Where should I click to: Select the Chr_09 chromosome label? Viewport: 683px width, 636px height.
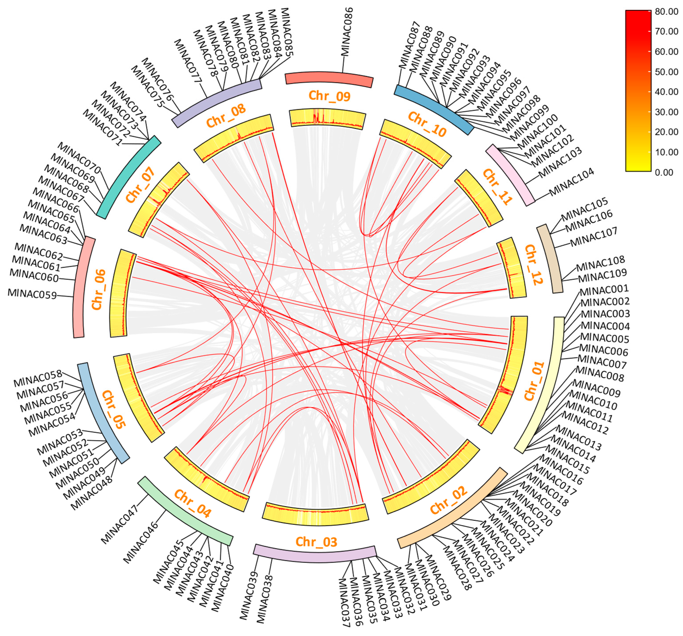[329, 96]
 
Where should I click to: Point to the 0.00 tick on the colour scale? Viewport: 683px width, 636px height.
[664, 172]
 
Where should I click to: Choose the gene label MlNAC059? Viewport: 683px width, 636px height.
[32, 294]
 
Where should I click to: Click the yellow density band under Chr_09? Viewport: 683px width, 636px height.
[327, 119]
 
